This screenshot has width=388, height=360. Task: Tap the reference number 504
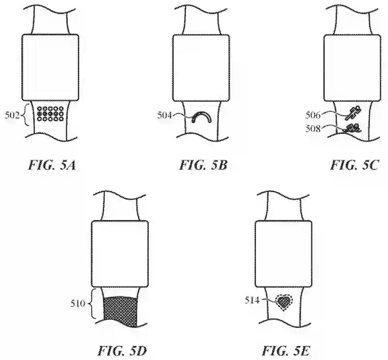point(166,115)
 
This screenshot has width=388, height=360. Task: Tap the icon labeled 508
point(354,128)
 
